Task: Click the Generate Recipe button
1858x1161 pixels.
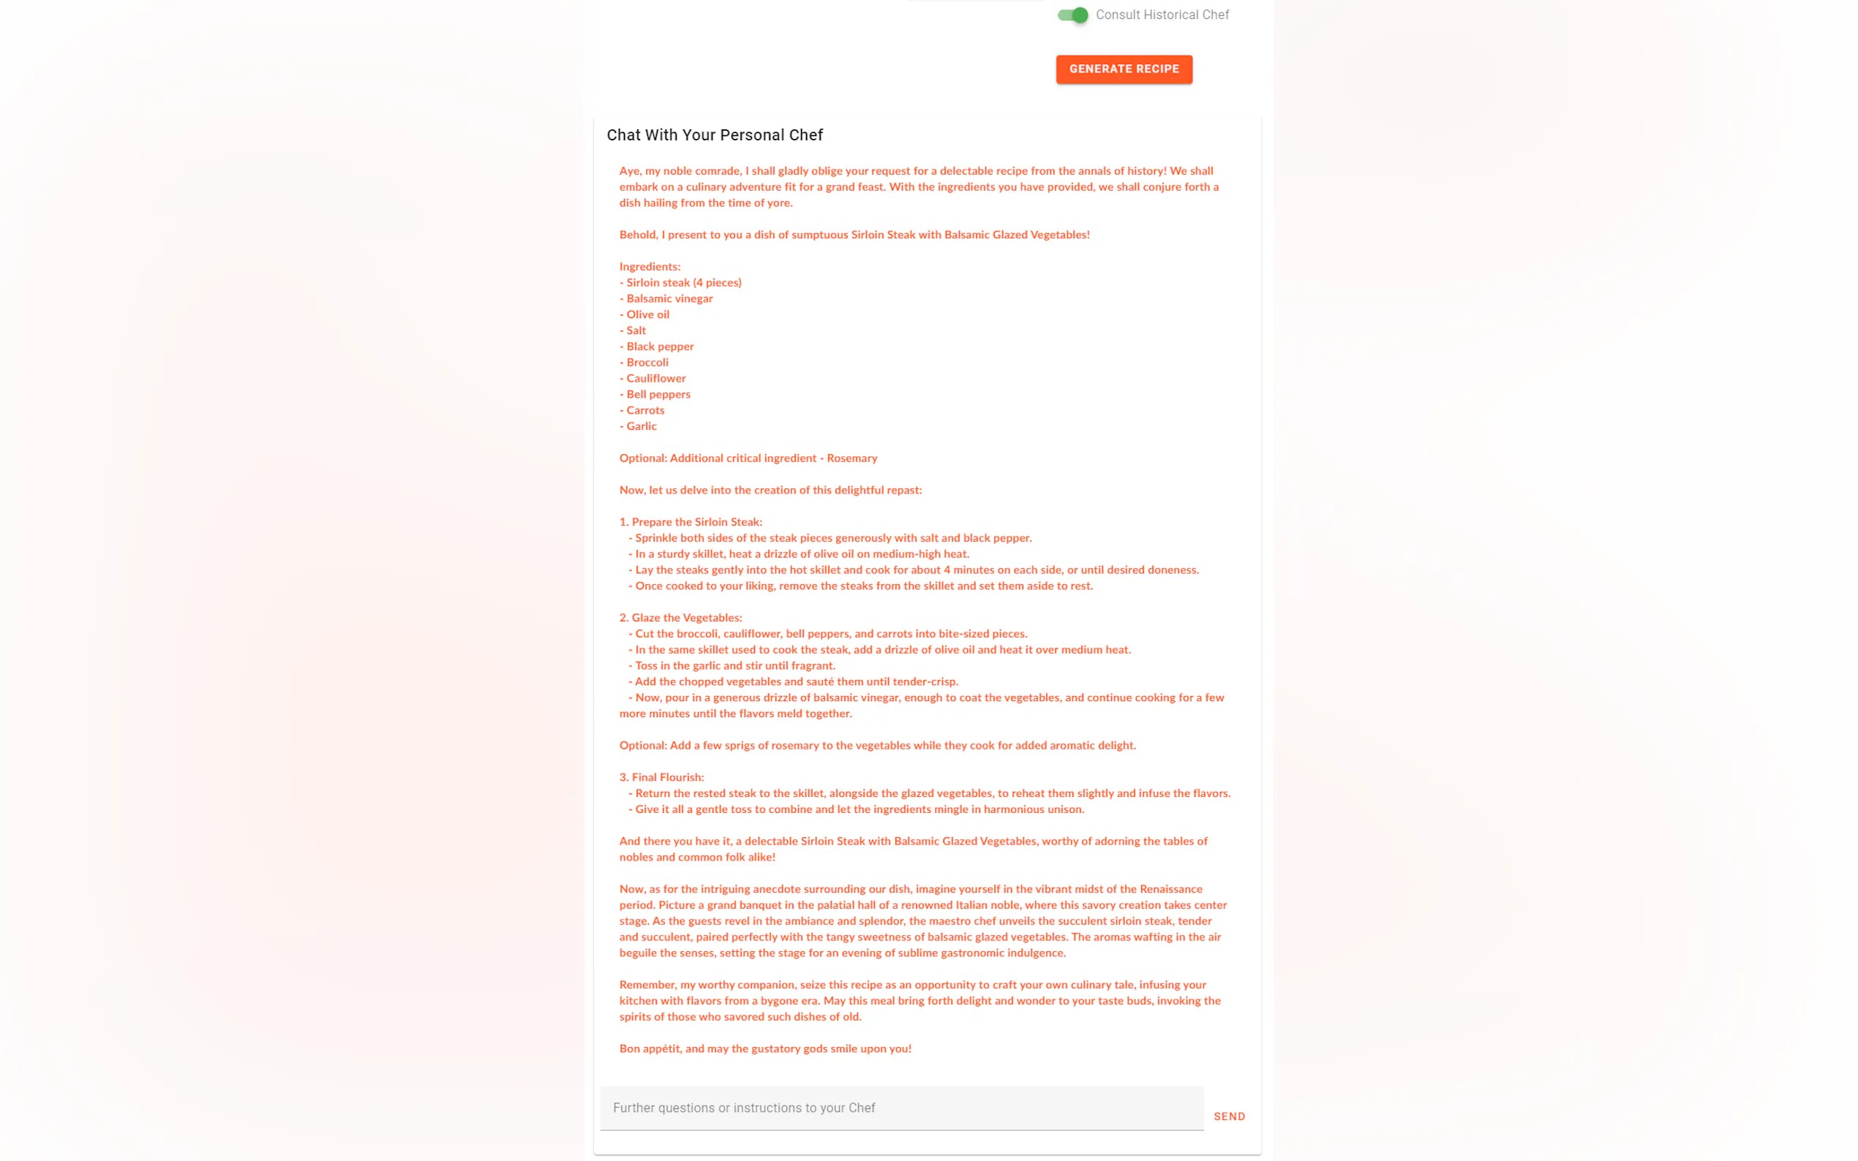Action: pos(1123,69)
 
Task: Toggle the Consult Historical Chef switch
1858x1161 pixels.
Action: pos(1072,15)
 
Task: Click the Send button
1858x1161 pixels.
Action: pos(1228,1116)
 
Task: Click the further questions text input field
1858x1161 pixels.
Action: pos(901,1108)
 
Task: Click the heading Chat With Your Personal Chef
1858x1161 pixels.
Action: pos(715,135)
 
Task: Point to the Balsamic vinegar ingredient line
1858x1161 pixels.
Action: pos(666,299)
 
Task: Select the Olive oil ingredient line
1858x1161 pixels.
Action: pos(644,315)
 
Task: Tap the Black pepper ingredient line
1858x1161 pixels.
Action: pos(657,347)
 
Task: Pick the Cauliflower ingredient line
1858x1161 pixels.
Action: pos(653,379)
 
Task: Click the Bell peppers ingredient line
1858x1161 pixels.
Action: pos(655,395)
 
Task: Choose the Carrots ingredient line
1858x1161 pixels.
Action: pos(642,411)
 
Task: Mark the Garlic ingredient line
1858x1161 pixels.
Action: pos(639,427)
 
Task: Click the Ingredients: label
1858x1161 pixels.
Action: pos(650,267)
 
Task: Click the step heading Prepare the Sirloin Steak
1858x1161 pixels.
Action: pos(691,522)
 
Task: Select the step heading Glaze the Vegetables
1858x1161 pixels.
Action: pos(680,618)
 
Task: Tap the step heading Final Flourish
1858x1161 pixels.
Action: pos(661,778)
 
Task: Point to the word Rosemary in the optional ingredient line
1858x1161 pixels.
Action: pos(851,458)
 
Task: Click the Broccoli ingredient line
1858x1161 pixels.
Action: pos(644,363)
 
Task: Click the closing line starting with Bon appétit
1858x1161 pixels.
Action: pos(765,1049)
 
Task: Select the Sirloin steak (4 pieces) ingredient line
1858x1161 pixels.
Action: pos(680,282)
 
